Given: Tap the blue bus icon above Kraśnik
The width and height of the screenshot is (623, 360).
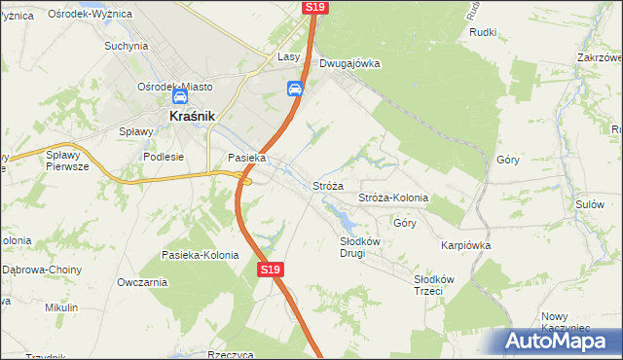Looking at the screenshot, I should click(179, 97).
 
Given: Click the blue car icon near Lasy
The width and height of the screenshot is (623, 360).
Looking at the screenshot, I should click(294, 90).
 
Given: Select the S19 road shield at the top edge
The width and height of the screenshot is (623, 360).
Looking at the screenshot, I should click(313, 7).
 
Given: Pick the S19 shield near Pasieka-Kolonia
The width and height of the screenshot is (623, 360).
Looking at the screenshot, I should click(271, 270).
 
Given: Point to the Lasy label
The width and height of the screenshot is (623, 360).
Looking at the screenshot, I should click(289, 57).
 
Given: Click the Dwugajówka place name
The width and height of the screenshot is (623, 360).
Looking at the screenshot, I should click(349, 64).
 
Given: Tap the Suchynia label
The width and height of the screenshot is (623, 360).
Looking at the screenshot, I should click(126, 46).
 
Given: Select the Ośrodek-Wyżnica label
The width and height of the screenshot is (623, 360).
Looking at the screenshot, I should click(85, 16).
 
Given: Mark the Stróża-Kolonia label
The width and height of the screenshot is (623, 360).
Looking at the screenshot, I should click(393, 198).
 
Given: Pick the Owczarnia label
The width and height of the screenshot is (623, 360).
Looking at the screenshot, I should click(142, 282).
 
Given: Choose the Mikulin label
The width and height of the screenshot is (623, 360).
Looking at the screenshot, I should click(61, 307).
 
